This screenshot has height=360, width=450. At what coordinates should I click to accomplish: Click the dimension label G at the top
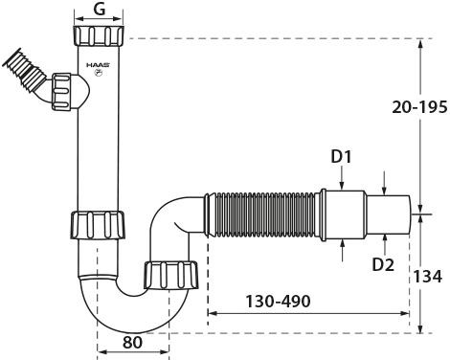(100, 10)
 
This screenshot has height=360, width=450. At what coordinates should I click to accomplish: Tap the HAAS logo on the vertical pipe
(99, 65)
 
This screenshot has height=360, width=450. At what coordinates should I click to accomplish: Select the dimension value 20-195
(419, 107)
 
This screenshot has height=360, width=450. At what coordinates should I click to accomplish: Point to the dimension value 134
(428, 277)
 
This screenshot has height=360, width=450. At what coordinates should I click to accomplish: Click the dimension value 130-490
(278, 302)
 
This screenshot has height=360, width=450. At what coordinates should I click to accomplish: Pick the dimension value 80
(132, 343)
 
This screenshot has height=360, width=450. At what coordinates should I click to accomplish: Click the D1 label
(341, 157)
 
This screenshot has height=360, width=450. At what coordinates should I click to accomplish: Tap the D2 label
(383, 264)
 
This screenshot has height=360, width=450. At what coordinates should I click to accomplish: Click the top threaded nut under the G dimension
(99, 35)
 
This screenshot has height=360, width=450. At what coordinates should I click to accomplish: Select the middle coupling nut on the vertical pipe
(98, 225)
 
